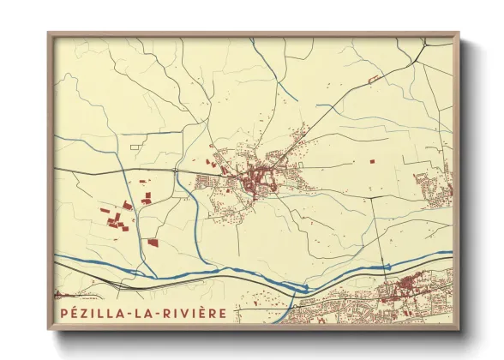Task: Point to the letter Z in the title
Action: (x=83, y=313)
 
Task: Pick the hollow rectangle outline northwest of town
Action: (x=135, y=147)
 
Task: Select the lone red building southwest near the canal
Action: (x=153, y=243)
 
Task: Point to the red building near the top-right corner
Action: (x=374, y=78)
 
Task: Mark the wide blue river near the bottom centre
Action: (x=257, y=276)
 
